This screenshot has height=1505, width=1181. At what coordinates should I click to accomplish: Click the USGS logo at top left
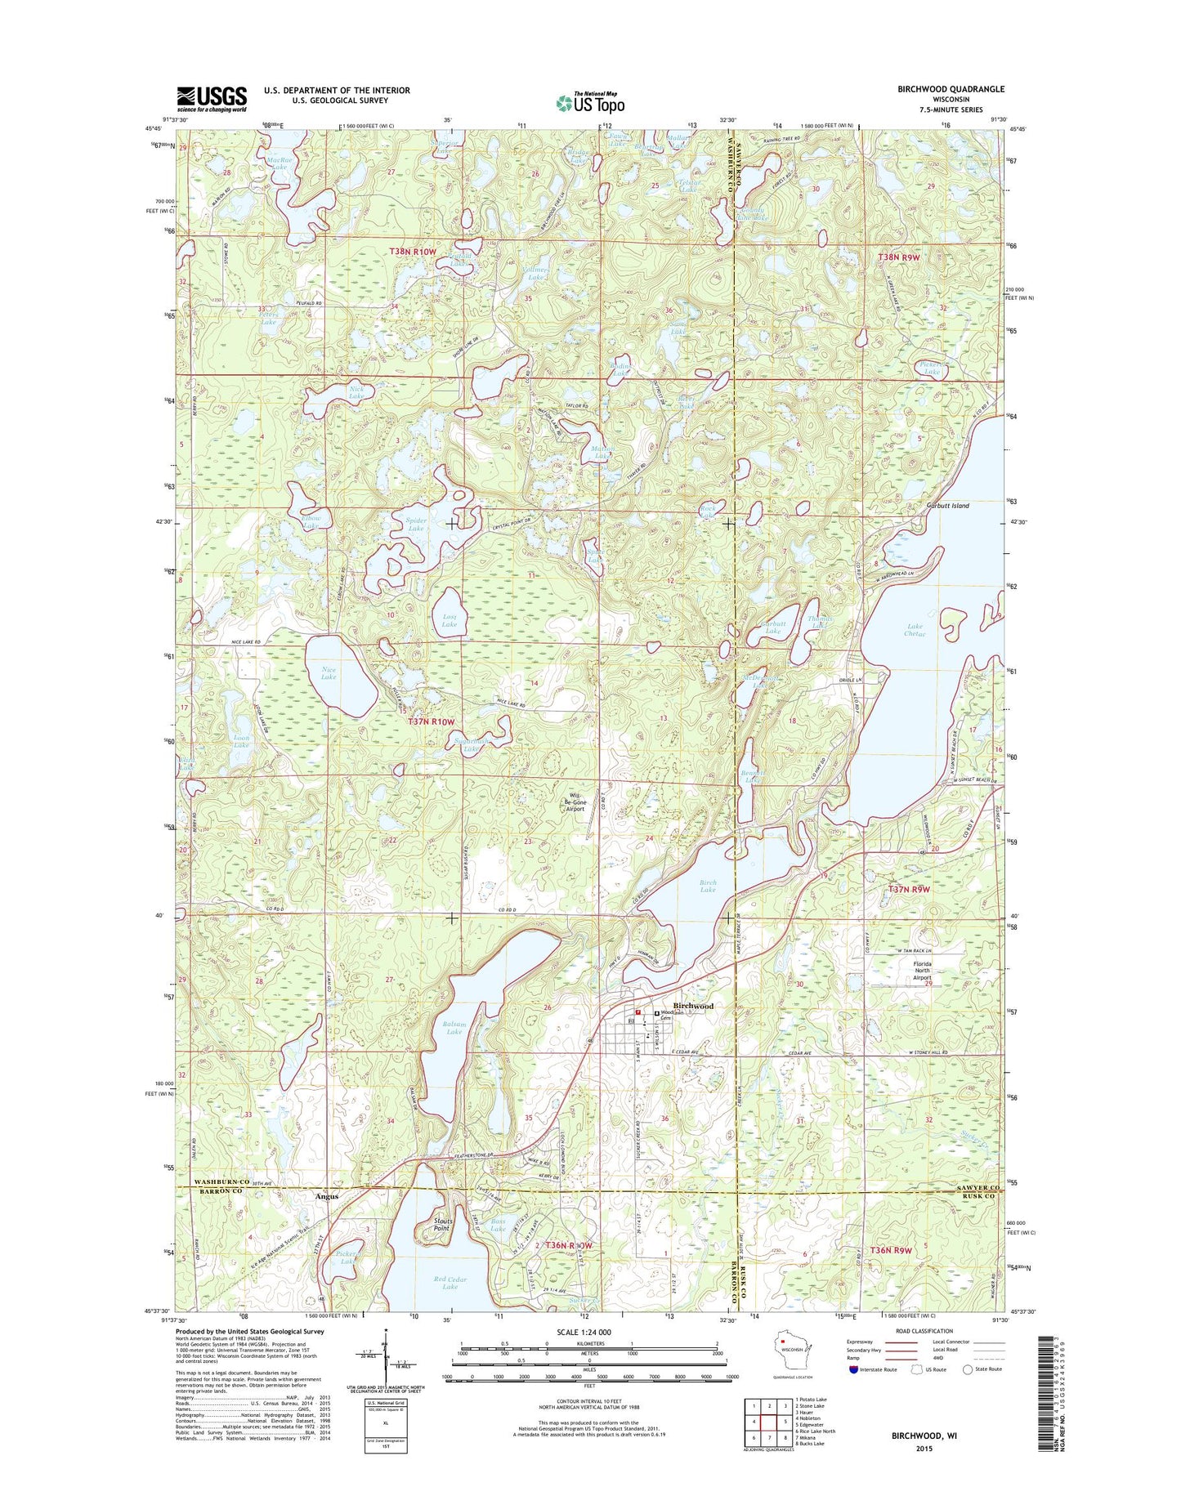pos(212,99)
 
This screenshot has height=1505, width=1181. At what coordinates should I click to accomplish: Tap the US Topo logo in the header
pos(590,102)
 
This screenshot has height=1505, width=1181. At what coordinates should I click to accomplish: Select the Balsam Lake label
pos(454,1027)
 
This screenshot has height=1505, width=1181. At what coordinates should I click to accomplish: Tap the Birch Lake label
pos(708,886)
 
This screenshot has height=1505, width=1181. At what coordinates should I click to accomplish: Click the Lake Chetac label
pos(915,630)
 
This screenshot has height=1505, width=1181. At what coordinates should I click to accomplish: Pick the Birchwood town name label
pos(693,1006)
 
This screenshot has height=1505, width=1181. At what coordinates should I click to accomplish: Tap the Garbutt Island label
pos(947,506)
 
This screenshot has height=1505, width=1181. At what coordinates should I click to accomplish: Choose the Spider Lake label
pos(416,524)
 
